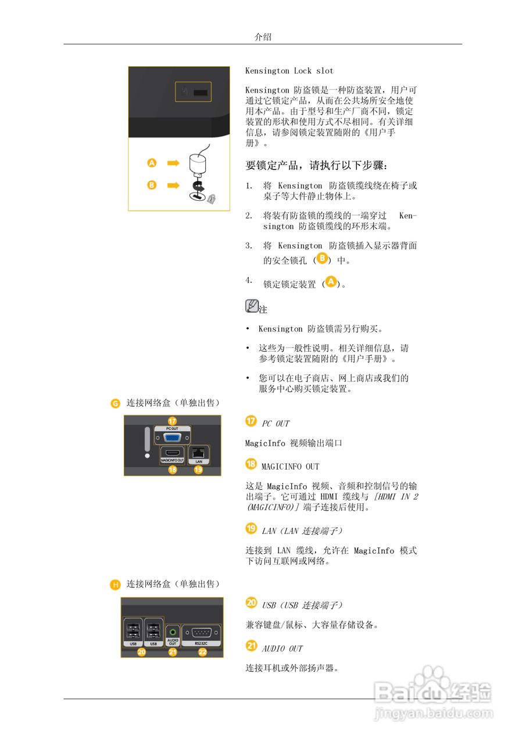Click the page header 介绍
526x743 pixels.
pyautogui.click(x=263, y=37)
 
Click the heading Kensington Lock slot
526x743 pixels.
pyautogui.click(x=289, y=71)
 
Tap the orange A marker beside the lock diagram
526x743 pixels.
pyautogui.click(x=152, y=163)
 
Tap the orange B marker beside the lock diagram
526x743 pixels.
pyautogui.click(x=152, y=185)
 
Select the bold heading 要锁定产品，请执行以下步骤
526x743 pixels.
pyautogui.click(x=316, y=165)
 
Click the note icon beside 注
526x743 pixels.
pyautogui.click(x=252, y=306)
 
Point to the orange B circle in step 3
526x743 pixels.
pyautogui.click(x=323, y=258)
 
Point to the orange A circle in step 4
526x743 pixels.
pyautogui.click(x=331, y=282)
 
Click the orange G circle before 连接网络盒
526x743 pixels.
pyautogui.click(x=116, y=403)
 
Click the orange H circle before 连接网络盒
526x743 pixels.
pyautogui.click(x=116, y=585)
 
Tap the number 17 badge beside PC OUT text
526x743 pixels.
pyautogui.click(x=251, y=421)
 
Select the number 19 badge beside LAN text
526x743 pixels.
pyautogui.click(x=251, y=528)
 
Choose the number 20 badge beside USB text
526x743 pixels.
pyautogui.click(x=251, y=603)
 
